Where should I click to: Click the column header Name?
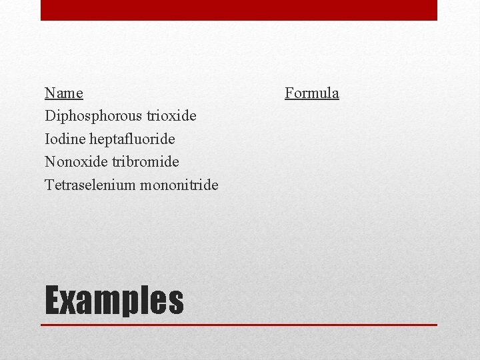tap(64, 93)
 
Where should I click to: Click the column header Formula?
tap(311, 93)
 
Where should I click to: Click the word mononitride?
tap(179, 184)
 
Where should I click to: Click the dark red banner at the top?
tap(239, 10)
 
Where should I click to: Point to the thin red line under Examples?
tap(239, 325)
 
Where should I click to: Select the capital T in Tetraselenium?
tap(49, 184)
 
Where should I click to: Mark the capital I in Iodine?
tap(47, 139)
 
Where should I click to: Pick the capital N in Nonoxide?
tap(50, 161)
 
